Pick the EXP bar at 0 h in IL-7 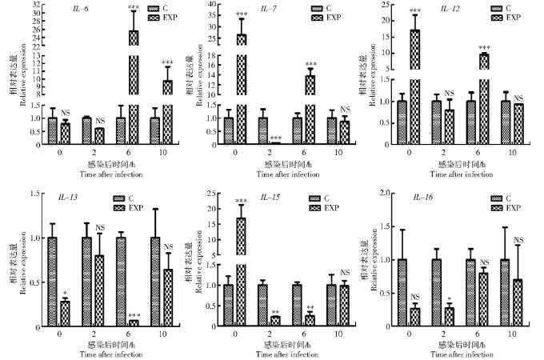[x=241, y=88]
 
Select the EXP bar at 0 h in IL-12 [x=414, y=88]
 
